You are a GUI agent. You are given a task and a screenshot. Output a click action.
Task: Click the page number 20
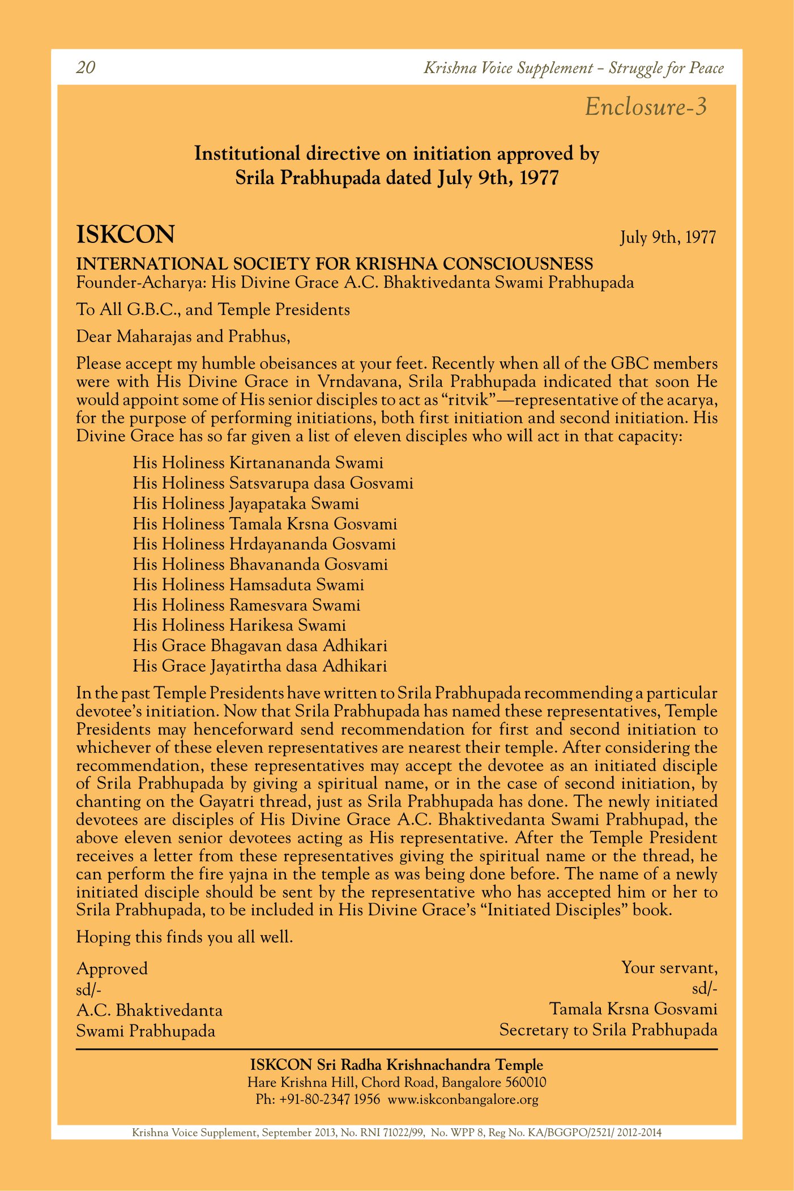click(86, 68)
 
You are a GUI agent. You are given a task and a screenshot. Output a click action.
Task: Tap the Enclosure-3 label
click(646, 107)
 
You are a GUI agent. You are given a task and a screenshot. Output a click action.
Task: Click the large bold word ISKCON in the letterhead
click(126, 234)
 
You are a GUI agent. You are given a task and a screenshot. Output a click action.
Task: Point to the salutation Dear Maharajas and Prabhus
click(183, 336)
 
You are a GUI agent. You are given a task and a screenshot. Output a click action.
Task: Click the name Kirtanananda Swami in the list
click(306, 463)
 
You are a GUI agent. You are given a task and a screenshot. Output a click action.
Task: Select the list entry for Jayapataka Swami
click(246, 503)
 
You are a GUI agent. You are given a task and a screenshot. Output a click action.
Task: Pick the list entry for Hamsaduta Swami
click(248, 584)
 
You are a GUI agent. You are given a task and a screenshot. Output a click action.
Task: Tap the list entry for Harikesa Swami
click(239, 625)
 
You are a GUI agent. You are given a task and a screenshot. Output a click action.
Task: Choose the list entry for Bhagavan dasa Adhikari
click(260, 646)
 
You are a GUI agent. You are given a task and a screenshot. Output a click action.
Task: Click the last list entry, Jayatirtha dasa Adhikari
click(260, 666)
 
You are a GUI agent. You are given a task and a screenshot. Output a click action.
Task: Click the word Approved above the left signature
click(112, 968)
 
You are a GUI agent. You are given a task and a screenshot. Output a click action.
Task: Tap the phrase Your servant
click(669, 967)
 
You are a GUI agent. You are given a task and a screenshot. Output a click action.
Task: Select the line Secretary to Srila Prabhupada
click(608, 1030)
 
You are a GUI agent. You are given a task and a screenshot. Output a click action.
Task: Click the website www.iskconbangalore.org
click(463, 1100)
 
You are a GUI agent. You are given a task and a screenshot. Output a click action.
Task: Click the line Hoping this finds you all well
click(185, 937)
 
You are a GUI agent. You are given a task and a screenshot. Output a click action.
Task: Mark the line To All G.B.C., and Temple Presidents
click(213, 310)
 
